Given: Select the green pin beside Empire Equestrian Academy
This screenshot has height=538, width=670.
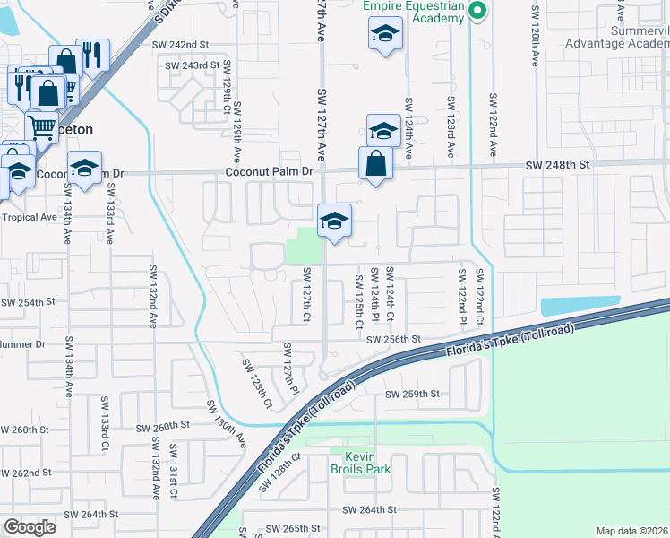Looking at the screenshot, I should [477, 11].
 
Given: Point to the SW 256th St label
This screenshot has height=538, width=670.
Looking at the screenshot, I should [393, 339].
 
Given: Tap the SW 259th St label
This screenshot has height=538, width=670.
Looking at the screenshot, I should [413, 394].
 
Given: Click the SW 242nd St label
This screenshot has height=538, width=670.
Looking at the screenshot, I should [179, 44].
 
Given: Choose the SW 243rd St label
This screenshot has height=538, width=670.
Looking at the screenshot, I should [193, 65].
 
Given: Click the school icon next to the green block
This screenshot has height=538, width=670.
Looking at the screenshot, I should [334, 220].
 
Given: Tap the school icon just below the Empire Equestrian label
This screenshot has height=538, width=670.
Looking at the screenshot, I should [385, 34].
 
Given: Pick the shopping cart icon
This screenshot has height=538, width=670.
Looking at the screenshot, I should [41, 127].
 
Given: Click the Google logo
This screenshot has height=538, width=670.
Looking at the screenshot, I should [30, 526].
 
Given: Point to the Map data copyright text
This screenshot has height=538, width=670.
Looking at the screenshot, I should [631, 531].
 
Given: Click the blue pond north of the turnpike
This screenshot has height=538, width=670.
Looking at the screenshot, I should [580, 305].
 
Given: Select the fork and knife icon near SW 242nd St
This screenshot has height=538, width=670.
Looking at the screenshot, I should [92, 56].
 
